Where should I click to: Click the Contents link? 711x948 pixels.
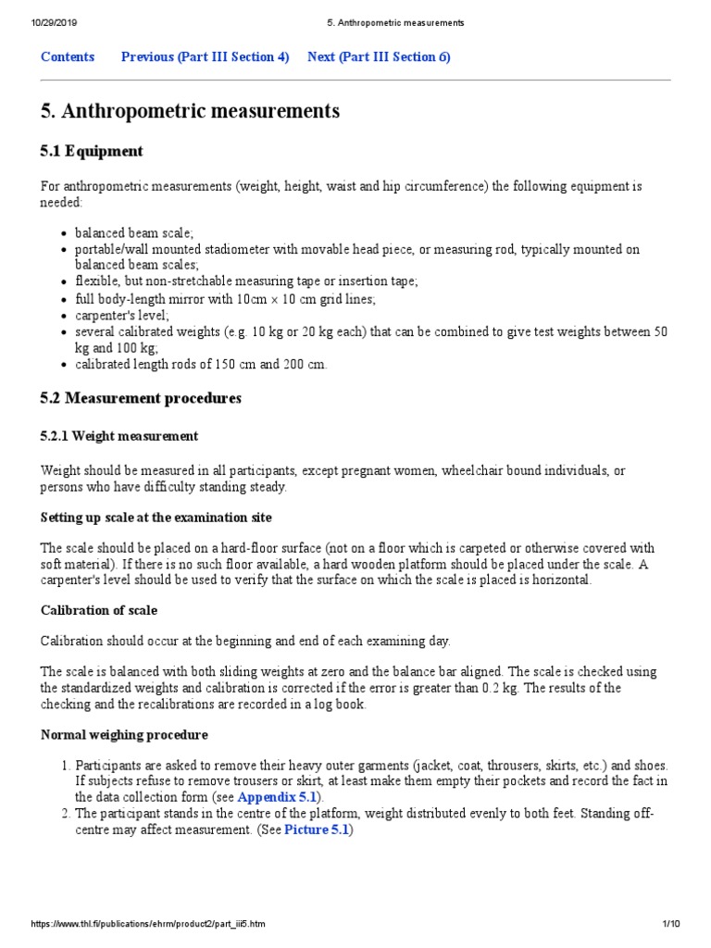point(68,57)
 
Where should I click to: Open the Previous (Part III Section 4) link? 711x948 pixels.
point(205,57)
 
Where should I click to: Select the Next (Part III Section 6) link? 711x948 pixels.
point(379,57)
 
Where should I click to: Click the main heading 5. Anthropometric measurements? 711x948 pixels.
point(190,111)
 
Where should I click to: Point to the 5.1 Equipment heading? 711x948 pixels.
point(92,151)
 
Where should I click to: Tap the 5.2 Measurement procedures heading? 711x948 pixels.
point(141,398)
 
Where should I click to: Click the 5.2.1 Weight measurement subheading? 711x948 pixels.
point(119,436)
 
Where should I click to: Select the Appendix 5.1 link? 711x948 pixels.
point(277,797)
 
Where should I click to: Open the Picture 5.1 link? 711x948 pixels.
point(317,829)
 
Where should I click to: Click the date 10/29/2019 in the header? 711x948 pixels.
point(53,22)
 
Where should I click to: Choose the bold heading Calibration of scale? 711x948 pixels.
point(99,611)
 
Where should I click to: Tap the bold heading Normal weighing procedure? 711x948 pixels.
point(124,735)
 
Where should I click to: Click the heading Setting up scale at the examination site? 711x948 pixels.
point(156,517)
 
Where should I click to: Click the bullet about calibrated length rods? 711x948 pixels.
point(201,365)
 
